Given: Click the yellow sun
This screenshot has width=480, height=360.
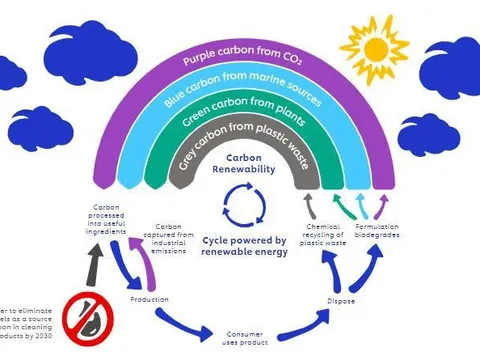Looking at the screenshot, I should [x=375, y=44].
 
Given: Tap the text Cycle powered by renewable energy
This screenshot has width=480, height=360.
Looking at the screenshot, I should [x=245, y=246].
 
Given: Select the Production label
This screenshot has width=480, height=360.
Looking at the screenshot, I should [x=149, y=299].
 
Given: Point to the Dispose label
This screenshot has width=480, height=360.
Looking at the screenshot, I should [x=341, y=300].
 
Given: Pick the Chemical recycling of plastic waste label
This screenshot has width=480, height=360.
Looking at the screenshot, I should [x=323, y=234].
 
